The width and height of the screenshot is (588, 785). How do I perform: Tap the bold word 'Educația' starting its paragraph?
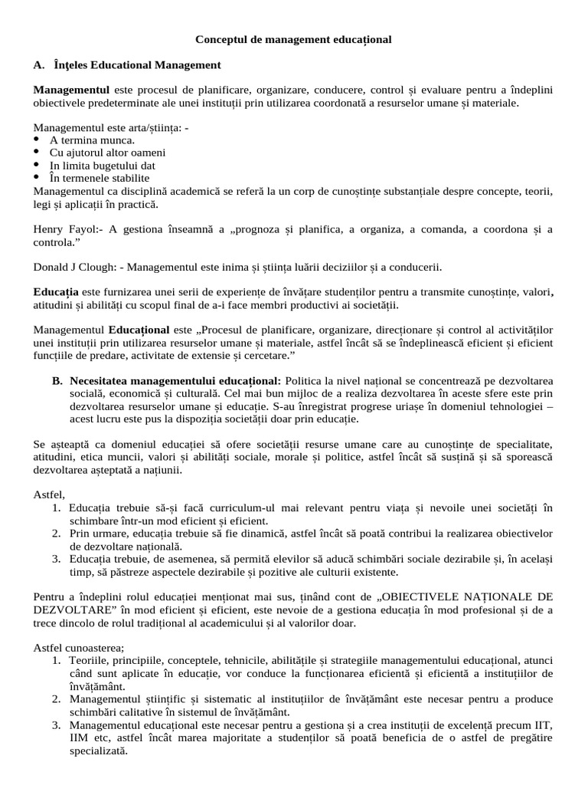coord(56,292)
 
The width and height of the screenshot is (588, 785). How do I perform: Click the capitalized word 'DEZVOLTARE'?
coord(70,609)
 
